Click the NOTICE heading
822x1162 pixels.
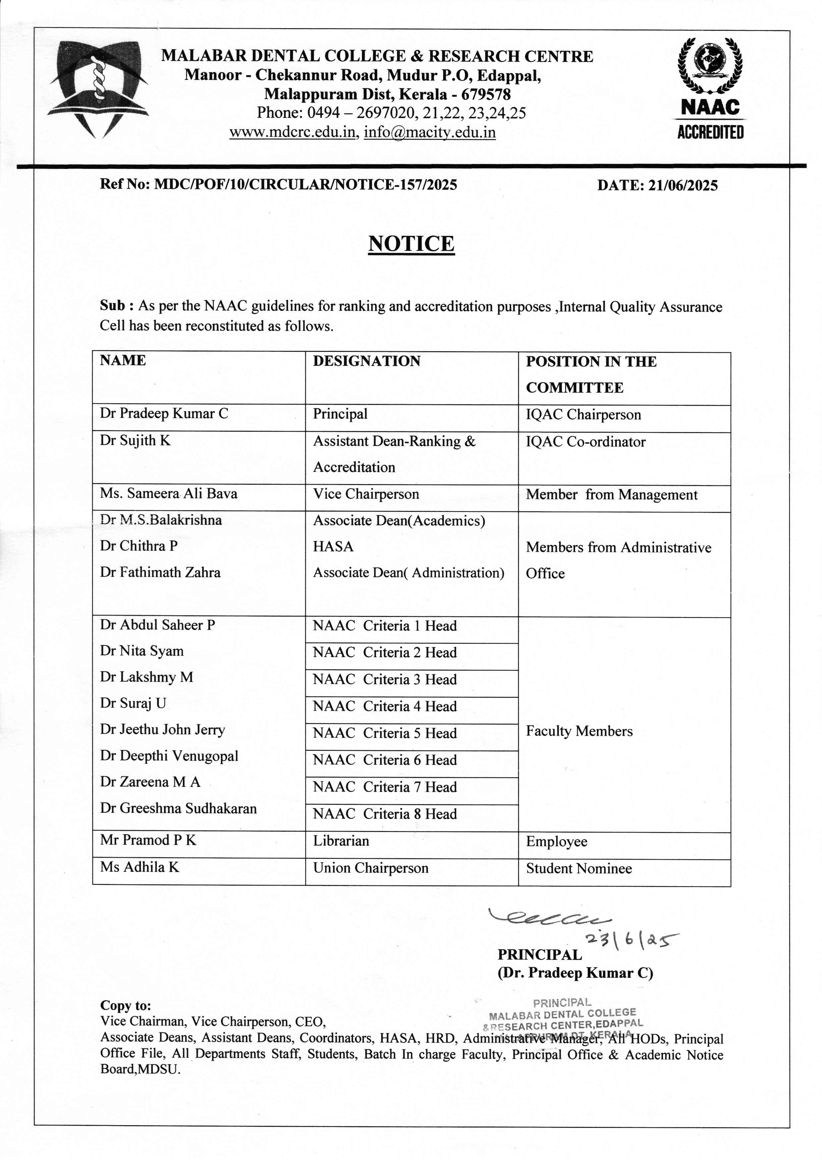tap(411, 244)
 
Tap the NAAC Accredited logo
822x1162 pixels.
tap(710, 88)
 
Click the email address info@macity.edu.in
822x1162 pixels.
tap(430, 133)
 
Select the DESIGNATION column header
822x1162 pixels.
tap(367, 361)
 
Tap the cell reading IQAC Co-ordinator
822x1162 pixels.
tap(586, 442)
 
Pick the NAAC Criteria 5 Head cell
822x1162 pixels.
tap(385, 733)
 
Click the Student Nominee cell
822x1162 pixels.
tap(578, 868)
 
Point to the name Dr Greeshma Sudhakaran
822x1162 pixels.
tap(178, 808)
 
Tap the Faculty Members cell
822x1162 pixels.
tap(579, 731)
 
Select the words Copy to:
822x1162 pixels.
tap(126, 1006)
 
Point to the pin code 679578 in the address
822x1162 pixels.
tap(486, 95)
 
